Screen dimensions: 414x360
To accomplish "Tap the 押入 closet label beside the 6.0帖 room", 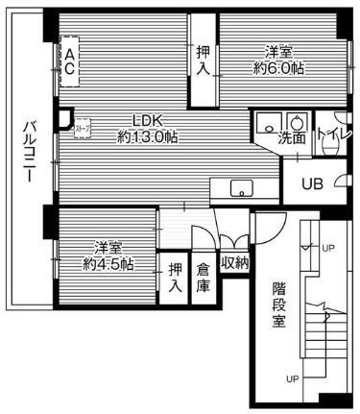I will pos(202,61).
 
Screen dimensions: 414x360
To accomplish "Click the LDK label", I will pos(149,120).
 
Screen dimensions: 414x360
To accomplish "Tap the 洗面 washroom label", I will pos(292,138).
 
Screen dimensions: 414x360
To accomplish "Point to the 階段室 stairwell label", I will pos(278,304).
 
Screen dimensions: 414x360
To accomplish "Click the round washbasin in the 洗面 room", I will pos(296,122).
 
